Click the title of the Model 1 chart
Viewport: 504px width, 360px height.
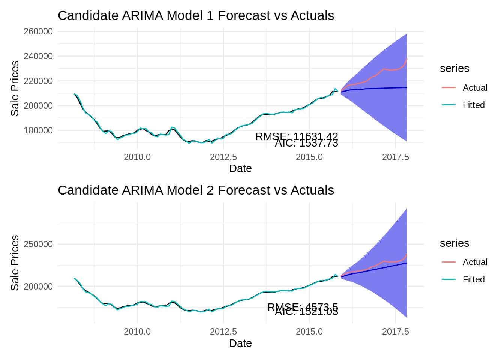pyautogui.click(x=196, y=16)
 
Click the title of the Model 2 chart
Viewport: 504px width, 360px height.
pyautogui.click(x=196, y=190)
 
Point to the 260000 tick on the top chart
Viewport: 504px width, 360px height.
pyautogui.click(x=38, y=31)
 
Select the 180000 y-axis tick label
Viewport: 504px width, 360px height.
pyautogui.click(x=38, y=130)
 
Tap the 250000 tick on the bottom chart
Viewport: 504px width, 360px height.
pyautogui.click(x=38, y=244)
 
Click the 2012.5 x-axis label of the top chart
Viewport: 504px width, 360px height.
pyautogui.click(x=223, y=157)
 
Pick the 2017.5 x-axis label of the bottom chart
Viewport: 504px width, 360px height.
pyautogui.click(x=395, y=331)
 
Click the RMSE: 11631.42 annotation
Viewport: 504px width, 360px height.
pyautogui.click(x=297, y=137)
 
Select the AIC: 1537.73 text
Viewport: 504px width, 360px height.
pyautogui.click(x=306, y=143)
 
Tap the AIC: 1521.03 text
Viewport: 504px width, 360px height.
pyautogui.click(x=306, y=312)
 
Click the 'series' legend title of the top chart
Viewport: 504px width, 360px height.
pyautogui.click(x=454, y=69)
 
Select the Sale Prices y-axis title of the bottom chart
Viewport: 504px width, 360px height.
pyautogui.click(x=15, y=262)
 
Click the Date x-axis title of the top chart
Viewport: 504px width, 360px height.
pyautogui.click(x=240, y=169)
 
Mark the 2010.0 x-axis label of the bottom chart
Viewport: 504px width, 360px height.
pyautogui.click(x=137, y=331)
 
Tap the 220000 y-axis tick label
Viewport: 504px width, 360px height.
pyautogui.click(x=38, y=81)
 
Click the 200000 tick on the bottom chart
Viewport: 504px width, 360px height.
pyautogui.click(x=38, y=286)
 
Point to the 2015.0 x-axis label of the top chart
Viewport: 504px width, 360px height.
pyautogui.click(x=309, y=157)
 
